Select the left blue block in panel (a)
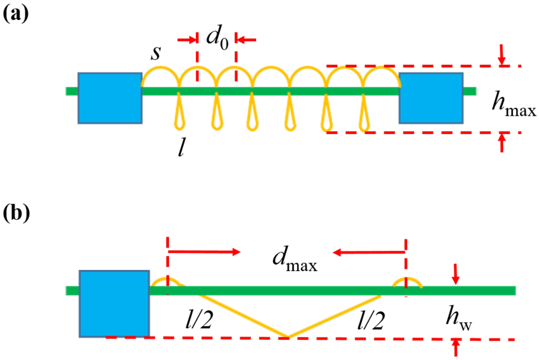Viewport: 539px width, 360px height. pyautogui.click(x=109, y=98)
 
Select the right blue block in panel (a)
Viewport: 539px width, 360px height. pyautogui.click(x=431, y=98)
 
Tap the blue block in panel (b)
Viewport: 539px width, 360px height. pyautogui.click(x=114, y=303)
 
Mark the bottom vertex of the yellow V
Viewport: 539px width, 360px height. pyautogui.click(x=287, y=336)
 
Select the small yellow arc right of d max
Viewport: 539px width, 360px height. pyautogui.click(x=408, y=282)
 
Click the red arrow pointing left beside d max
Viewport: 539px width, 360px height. pyautogui.click(x=369, y=253)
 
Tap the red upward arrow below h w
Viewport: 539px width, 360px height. pyautogui.click(x=456, y=348)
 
